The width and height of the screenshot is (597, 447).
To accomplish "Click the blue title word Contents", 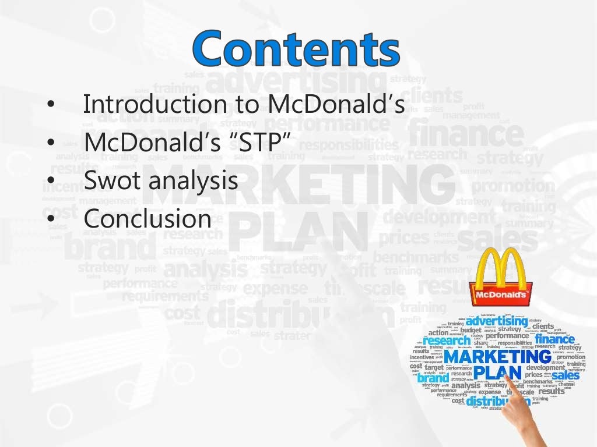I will point(297,49).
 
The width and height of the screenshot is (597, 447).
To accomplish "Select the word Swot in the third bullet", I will point(113,180).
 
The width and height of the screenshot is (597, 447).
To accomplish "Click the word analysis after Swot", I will point(194,182).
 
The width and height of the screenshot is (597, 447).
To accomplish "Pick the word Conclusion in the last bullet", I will point(147,219).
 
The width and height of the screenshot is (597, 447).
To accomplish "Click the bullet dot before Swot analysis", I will point(51,181).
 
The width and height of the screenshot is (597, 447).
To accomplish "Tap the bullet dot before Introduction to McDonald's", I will point(51,104).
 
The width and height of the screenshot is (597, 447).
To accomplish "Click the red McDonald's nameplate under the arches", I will point(501,296).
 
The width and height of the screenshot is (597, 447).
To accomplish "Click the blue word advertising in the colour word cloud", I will point(496,321).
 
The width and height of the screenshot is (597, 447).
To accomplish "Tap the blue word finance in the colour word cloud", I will point(554,339).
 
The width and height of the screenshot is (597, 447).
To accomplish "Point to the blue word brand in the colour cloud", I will point(433,378).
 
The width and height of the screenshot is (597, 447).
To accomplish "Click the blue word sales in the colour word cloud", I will point(566,375).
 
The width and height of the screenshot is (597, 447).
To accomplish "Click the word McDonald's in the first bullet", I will point(336,104).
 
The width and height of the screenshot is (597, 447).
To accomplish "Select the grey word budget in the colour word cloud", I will point(470,330).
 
